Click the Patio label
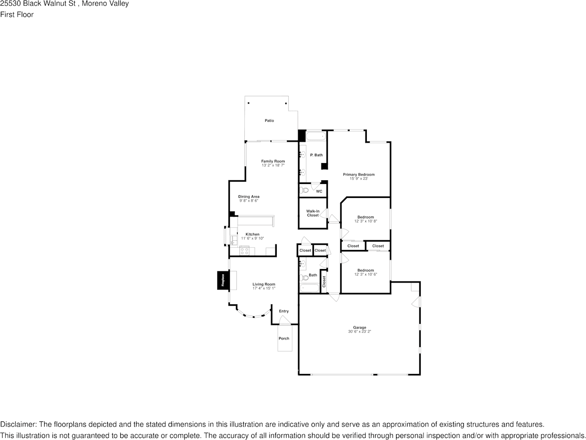coord(269,121)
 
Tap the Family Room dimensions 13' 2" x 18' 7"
coord(273,165)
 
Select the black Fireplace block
coord(223,280)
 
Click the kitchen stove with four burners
coord(244,251)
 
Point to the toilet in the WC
coord(305,190)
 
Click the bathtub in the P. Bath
coord(316,137)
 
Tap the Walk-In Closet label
coord(313,213)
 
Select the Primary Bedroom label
coord(358,175)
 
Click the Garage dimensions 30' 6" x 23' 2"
coord(359,332)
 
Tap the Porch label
coord(284,339)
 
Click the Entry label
coord(284,311)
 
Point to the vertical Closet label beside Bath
coord(324,282)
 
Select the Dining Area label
coord(249,197)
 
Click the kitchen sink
coord(234,240)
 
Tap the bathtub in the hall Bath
coord(310,288)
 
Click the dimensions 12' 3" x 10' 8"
coord(365,221)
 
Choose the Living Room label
coord(264,284)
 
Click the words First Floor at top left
coord(17,14)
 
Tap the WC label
coord(319,191)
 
